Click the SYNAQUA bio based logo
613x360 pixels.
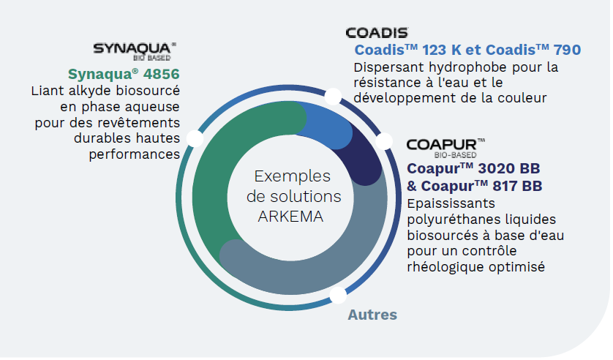point(135,52)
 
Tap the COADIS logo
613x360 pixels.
point(377,32)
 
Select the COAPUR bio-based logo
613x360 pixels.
point(445,148)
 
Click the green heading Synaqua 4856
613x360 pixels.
point(124,74)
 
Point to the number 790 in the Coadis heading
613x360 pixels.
point(567,50)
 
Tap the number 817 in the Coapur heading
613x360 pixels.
point(505,186)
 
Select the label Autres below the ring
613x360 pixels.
point(372,315)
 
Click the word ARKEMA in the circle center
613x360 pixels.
point(290,217)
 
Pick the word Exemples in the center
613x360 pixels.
point(293,176)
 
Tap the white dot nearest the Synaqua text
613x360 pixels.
point(195,138)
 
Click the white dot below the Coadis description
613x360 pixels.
point(333,97)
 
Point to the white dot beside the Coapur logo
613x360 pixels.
point(384,141)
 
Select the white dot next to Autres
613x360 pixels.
point(338,295)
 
